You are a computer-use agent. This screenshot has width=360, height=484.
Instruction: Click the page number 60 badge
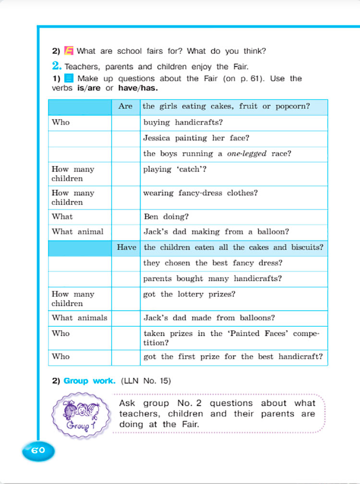(x=38, y=450)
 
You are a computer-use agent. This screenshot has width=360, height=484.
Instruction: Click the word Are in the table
(x=125, y=106)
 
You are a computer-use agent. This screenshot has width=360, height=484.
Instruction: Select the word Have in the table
(x=126, y=248)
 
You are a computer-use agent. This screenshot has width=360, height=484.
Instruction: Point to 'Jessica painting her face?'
(x=196, y=138)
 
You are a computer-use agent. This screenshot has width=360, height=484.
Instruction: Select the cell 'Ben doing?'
(x=166, y=216)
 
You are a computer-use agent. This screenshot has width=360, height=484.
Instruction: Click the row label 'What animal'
(x=77, y=232)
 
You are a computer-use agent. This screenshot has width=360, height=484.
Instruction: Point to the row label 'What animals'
(x=79, y=318)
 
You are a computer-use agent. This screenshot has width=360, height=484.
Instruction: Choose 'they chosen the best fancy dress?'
(x=213, y=263)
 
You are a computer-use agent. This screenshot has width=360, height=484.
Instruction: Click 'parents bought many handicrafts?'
(x=212, y=279)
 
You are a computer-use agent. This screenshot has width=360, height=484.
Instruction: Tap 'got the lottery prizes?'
(x=189, y=294)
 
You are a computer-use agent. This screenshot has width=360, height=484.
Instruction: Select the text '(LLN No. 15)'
(x=146, y=381)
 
